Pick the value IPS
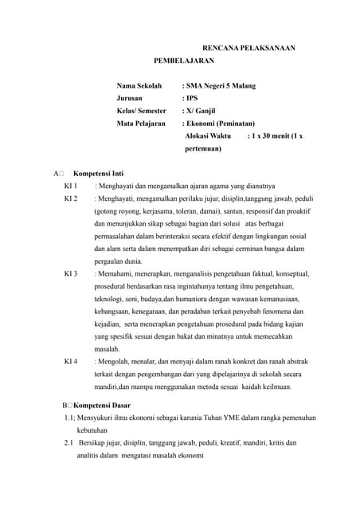coord(191,99)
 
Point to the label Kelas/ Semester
coord(142,112)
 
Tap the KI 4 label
coord(70,361)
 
